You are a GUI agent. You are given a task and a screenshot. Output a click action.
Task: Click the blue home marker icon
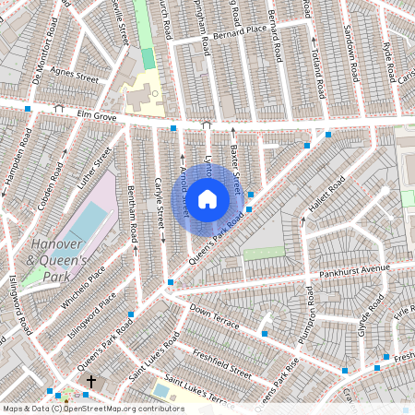click(x=207, y=198)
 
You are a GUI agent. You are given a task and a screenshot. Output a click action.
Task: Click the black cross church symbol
click(x=90, y=380)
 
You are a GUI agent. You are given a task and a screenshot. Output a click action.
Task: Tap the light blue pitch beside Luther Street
click(x=88, y=224)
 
